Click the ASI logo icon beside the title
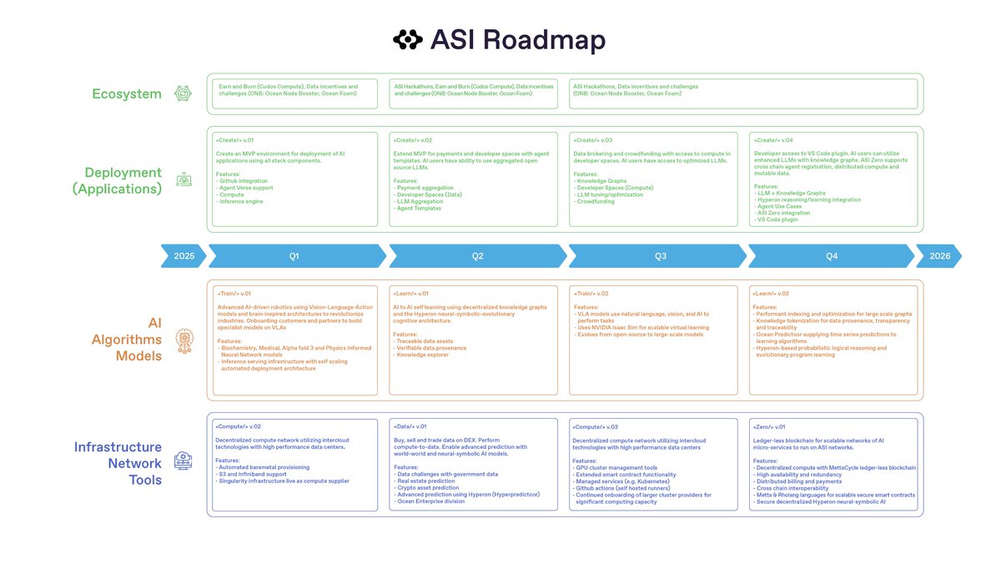click(408, 39)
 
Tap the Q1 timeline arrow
click(294, 256)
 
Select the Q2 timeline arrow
click(477, 256)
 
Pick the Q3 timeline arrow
click(660, 256)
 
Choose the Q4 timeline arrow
click(831, 256)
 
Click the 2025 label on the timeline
click(184, 256)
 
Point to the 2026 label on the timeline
click(939, 256)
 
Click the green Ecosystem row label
click(127, 94)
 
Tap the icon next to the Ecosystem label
click(183, 94)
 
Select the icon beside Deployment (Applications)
click(183, 179)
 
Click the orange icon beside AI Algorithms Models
click(183, 340)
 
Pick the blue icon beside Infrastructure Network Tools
click(183, 461)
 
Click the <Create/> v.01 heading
click(234, 140)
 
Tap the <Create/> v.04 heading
click(773, 140)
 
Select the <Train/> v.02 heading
click(591, 294)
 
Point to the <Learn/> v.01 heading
click(411, 294)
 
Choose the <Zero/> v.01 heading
click(772, 426)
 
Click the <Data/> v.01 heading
click(410, 426)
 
